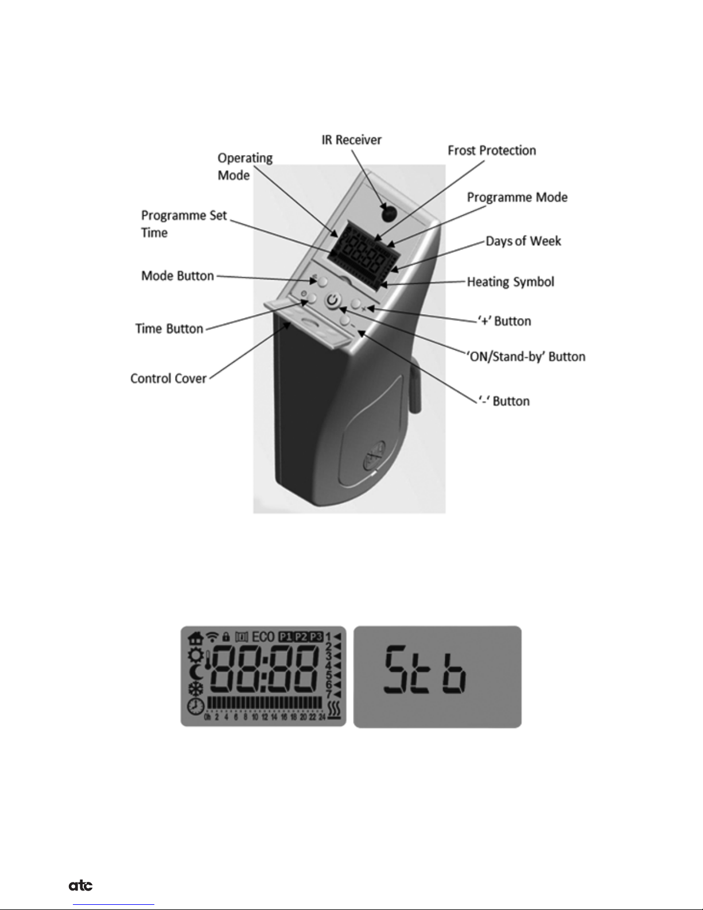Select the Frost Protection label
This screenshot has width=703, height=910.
click(x=492, y=150)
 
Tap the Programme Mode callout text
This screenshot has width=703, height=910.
click(x=517, y=198)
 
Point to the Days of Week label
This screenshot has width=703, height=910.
click(x=523, y=241)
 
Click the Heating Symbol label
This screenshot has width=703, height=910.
click(x=510, y=282)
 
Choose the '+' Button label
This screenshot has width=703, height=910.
click(x=504, y=321)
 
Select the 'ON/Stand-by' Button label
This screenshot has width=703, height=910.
click(x=525, y=357)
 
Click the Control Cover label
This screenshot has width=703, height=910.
click(x=168, y=378)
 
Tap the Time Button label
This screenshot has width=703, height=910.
click(x=169, y=328)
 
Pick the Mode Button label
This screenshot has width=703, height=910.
click(x=177, y=276)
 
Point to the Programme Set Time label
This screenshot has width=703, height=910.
click(x=184, y=224)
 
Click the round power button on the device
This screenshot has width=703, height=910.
click(x=333, y=300)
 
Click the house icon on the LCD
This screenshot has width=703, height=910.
click(x=196, y=637)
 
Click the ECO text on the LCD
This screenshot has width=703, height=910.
click(x=263, y=637)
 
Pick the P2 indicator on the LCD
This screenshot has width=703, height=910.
click(x=301, y=637)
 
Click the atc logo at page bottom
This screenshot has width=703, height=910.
click(x=81, y=886)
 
